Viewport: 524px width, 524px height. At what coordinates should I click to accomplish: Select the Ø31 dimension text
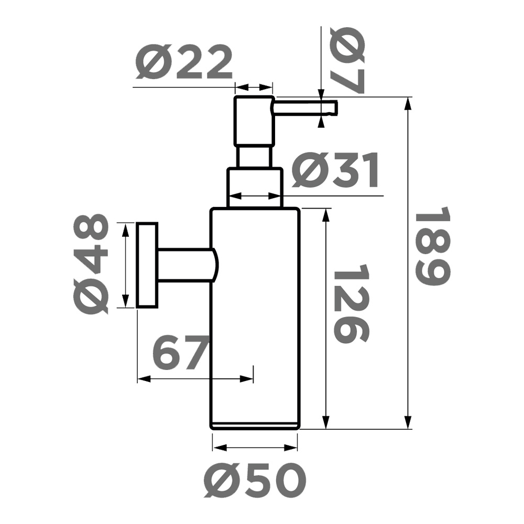click(335, 172)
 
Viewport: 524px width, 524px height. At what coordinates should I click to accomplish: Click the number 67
click(181, 353)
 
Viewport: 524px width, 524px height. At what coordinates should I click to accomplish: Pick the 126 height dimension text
click(351, 303)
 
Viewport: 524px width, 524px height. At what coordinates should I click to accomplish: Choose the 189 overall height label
click(432, 246)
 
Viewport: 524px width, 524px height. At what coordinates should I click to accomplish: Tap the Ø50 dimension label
click(254, 481)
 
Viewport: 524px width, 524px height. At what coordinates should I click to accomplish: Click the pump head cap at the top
click(254, 120)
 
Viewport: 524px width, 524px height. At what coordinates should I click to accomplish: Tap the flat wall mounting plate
click(147, 265)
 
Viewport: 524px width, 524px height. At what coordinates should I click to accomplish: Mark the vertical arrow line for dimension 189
click(408, 262)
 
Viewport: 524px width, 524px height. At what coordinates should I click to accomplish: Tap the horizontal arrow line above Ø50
click(255, 448)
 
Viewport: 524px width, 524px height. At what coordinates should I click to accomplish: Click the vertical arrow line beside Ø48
click(125, 265)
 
